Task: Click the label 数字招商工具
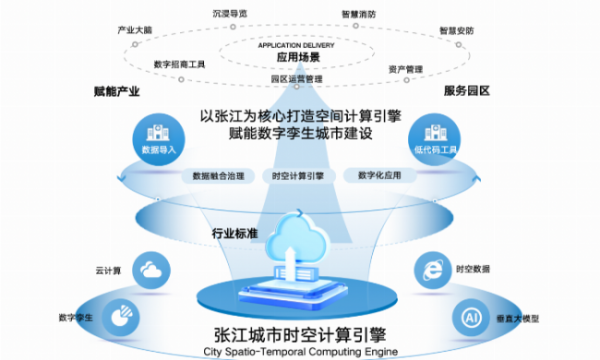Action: coord(180,64)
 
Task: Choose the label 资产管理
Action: coord(406,68)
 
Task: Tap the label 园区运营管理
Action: coord(297,78)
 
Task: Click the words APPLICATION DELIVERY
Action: coord(298,46)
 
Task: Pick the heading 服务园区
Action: coord(467,92)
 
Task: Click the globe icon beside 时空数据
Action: coord(431,268)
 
